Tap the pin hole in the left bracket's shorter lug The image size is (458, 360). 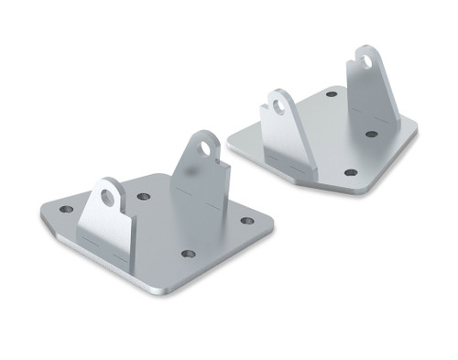[x=108, y=196]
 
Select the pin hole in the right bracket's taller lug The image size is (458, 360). [x=365, y=62]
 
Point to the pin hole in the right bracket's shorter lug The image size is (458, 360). [x=278, y=106]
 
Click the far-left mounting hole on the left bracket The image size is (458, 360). [x=67, y=210]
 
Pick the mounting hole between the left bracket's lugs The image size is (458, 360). [x=144, y=196]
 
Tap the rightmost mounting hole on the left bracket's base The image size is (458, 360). [x=247, y=221]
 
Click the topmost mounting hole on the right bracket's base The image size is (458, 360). [x=332, y=93]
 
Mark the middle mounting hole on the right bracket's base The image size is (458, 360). [x=371, y=134]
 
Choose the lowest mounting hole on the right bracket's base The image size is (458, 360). [x=350, y=172]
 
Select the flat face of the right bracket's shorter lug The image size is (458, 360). [x=289, y=137]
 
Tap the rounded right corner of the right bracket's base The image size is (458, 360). [x=414, y=134]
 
